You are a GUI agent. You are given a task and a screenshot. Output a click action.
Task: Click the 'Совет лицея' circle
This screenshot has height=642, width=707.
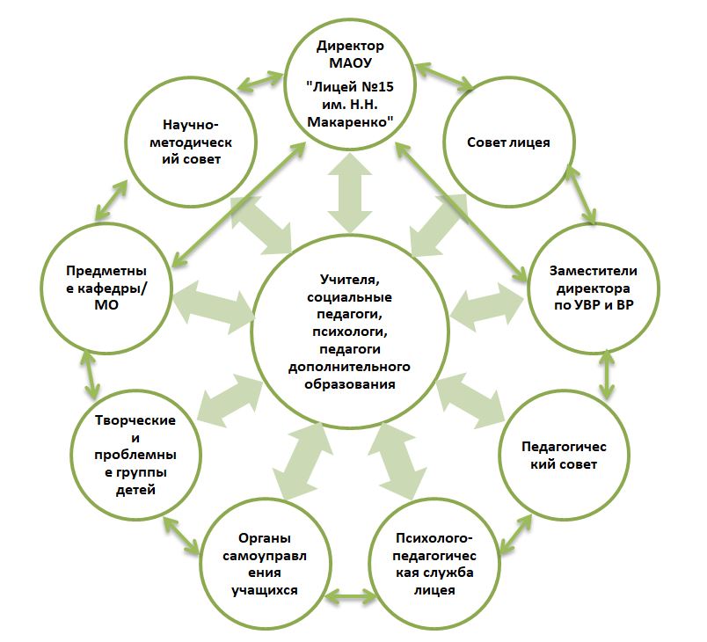click(x=508, y=142)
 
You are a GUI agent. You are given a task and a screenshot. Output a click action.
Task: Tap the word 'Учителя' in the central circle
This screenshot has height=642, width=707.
click(x=349, y=280)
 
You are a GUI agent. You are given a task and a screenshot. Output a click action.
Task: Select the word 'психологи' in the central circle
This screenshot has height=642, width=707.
click(x=349, y=332)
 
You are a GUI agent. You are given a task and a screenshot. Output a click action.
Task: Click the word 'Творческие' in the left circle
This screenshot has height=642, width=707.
click(x=135, y=419)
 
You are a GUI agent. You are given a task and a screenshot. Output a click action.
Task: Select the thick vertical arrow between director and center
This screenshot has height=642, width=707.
click(x=350, y=197)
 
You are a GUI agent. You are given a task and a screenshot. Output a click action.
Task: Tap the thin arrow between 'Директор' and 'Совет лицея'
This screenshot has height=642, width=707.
click(x=445, y=77)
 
